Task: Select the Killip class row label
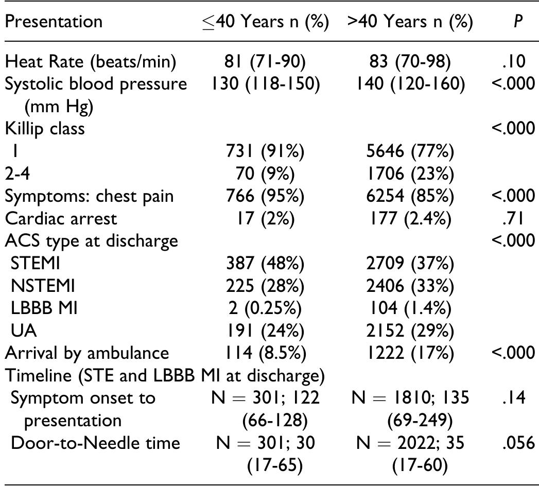pos(45,129)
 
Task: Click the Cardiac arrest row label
pos(61,218)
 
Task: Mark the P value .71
pos(515,218)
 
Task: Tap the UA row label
pos(24,330)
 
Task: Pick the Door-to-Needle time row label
pos(95,443)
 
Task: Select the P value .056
pos(515,443)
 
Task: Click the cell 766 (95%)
pos(266,196)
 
